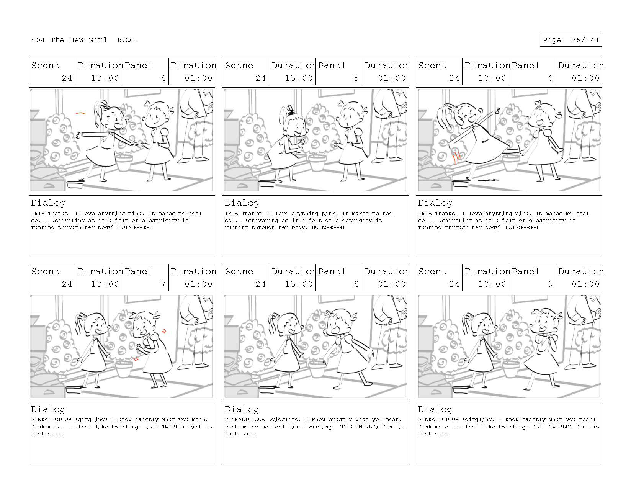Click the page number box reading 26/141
[571, 40]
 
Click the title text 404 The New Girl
[69, 40]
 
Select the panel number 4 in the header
[163, 78]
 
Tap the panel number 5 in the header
[356, 78]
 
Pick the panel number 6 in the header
[550, 78]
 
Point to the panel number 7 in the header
[163, 284]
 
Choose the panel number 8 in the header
[356, 284]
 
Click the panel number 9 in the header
[550, 284]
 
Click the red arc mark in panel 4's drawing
[80, 113]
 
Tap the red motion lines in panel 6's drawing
[456, 155]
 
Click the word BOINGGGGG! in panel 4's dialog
[135, 227]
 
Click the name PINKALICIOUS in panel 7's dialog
[51, 419]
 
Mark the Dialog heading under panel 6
[435, 203]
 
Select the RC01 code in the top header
[127, 40]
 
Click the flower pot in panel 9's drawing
[511, 369]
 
